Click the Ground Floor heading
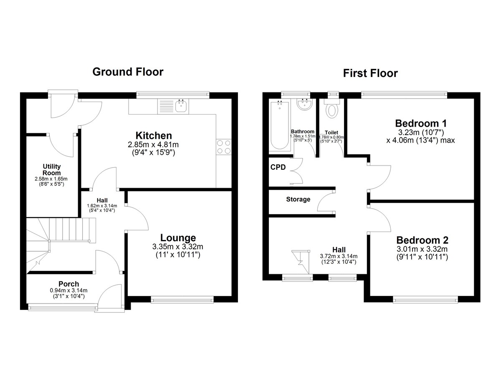(128, 72)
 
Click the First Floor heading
(370, 74)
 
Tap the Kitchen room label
(154, 135)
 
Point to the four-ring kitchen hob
(224, 147)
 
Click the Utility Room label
(52, 169)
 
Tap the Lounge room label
(178, 237)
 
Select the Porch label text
(68, 284)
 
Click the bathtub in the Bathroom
(280, 125)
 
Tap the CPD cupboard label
(278, 167)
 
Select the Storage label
(298, 199)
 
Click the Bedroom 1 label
(421, 123)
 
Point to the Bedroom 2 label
(422, 240)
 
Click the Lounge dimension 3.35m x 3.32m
(177, 247)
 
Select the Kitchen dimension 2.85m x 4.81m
(153, 145)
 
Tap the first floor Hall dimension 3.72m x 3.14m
(339, 256)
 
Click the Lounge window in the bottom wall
(182, 300)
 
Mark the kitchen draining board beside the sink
(166, 107)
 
